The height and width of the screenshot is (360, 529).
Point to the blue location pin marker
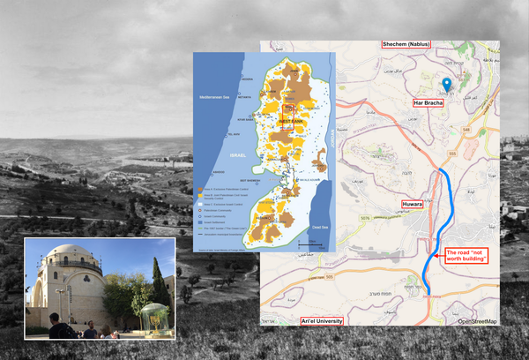(446, 86)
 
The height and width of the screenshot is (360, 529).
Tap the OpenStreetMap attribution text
(477, 321)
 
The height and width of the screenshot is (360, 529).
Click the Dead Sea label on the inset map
(322, 213)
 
